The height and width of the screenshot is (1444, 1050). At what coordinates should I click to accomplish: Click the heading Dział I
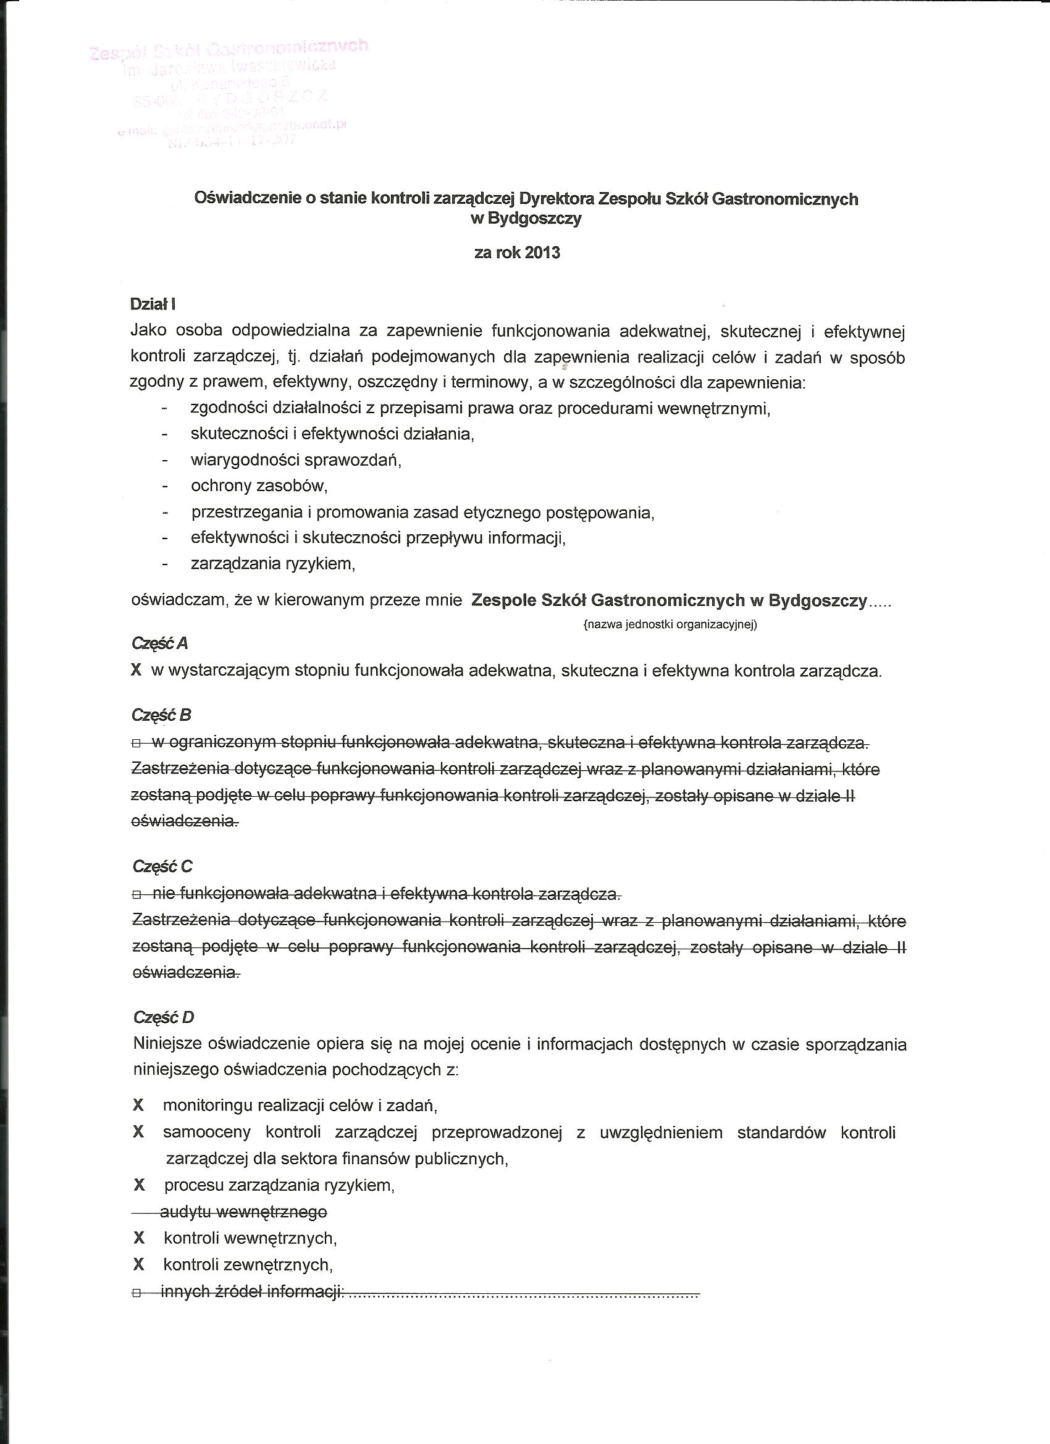point(153,304)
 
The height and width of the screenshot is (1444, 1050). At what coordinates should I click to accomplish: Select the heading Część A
point(160,643)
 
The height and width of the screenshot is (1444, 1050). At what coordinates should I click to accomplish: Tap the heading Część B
point(161,715)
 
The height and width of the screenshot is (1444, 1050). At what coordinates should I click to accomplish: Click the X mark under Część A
point(136,671)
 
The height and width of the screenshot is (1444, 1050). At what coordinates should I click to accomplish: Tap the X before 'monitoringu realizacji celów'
point(138,1106)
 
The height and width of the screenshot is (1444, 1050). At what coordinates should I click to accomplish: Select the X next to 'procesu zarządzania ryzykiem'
point(139,1185)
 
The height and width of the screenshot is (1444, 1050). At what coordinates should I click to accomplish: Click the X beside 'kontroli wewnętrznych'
point(139,1238)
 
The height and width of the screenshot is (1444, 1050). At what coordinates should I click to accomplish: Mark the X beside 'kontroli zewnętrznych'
point(139,1264)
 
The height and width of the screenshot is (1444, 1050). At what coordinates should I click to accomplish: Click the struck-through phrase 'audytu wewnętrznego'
point(244,1212)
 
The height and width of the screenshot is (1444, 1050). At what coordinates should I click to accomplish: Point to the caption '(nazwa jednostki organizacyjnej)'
point(670,624)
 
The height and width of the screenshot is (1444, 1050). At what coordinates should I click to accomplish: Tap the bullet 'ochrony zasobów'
point(259,486)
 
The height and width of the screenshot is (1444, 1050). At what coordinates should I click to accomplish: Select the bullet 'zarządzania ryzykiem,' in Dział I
point(272,564)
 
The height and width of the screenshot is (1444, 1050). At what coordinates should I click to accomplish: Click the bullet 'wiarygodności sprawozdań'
point(295,460)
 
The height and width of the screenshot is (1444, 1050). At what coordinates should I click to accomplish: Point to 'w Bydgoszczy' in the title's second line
point(526,219)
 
